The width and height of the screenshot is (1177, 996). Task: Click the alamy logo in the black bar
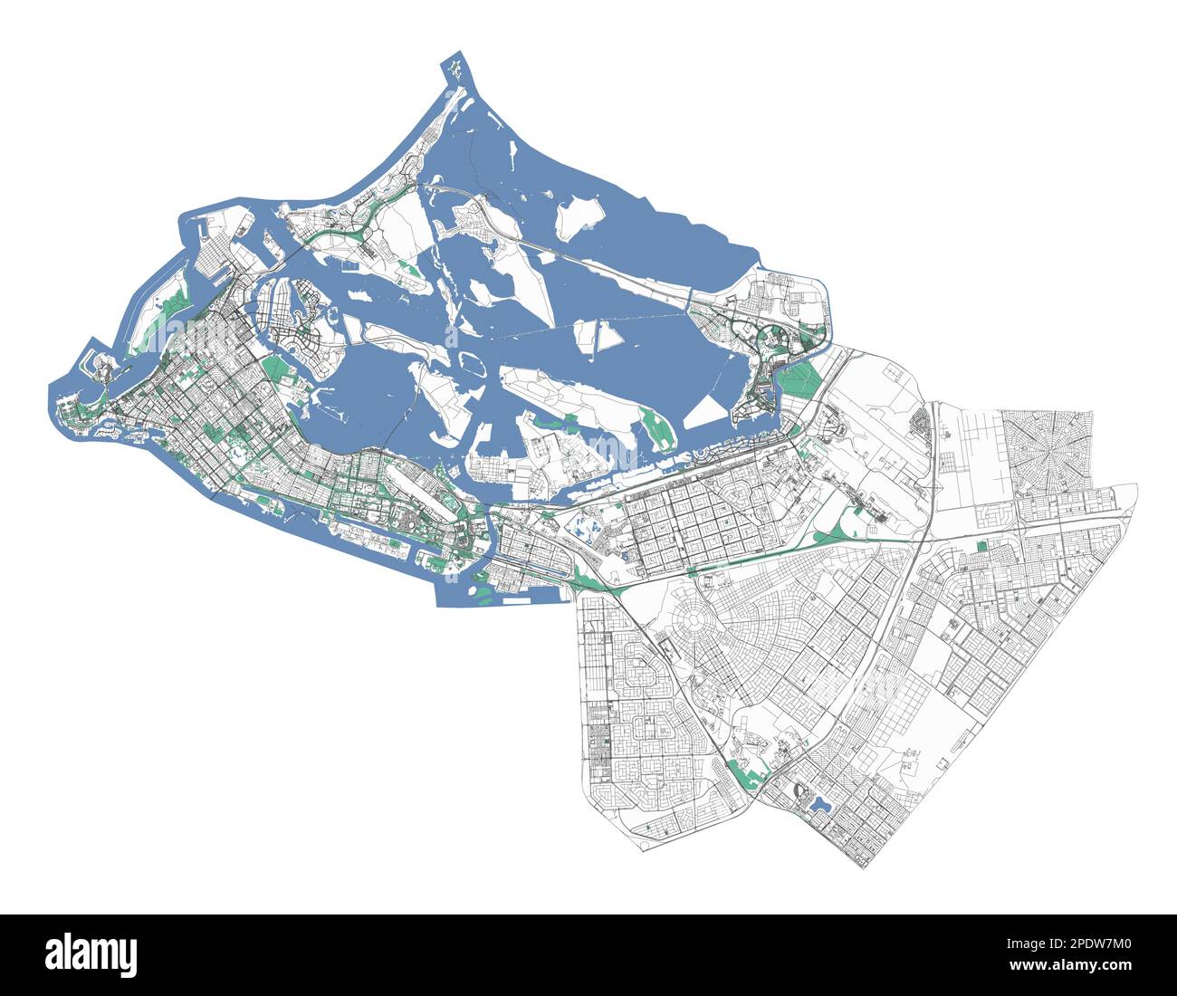[x=91, y=954]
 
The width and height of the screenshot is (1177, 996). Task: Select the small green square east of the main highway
[x=983, y=547]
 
